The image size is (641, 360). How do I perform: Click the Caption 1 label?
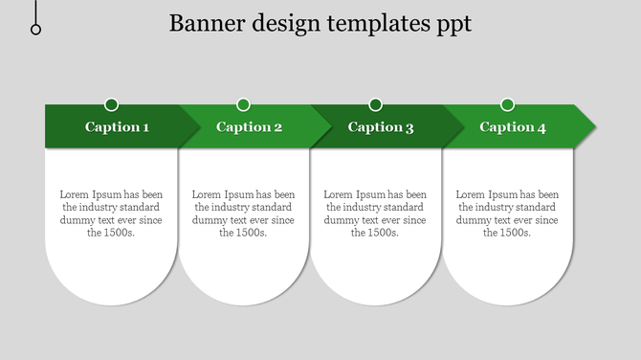pos(117,127)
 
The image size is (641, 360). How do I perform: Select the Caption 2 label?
pos(249,127)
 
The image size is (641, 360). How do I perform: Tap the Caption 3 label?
pos(381,127)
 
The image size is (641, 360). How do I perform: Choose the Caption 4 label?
pos(513,127)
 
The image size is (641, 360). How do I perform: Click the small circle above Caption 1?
pos(112,104)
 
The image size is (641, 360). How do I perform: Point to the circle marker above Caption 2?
pos(243,104)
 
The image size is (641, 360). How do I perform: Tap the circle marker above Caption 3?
pos(375,104)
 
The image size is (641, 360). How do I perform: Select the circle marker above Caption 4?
pos(507,104)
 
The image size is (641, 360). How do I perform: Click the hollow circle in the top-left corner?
pos(36,30)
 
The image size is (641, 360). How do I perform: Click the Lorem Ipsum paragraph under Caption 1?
pos(111,214)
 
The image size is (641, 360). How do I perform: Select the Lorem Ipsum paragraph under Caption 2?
pos(243,214)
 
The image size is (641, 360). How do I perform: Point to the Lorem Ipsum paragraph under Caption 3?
pos(375,214)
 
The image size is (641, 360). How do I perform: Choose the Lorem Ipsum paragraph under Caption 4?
pos(507,214)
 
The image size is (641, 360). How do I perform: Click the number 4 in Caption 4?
pos(542,127)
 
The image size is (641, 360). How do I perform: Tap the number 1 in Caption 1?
pos(145,127)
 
